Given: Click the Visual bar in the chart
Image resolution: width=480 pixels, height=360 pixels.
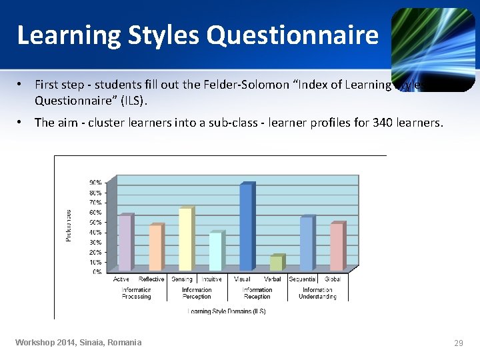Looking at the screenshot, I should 246,227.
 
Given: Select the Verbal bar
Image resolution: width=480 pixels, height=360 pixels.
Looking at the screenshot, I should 275,263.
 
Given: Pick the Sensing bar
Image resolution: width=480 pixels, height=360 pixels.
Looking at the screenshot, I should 185,239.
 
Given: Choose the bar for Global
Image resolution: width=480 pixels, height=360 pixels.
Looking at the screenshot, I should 337,246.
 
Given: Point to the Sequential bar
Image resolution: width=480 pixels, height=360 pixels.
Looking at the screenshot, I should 306,243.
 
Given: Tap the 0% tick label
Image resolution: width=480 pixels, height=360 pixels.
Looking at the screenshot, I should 97,272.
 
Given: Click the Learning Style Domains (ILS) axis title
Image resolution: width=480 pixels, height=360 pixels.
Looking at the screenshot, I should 227,311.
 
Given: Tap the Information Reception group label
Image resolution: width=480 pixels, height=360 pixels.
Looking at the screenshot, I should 257,293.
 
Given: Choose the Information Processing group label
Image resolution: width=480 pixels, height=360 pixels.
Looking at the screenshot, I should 136,293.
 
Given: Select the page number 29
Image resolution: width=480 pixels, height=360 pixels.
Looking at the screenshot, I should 458,343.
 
